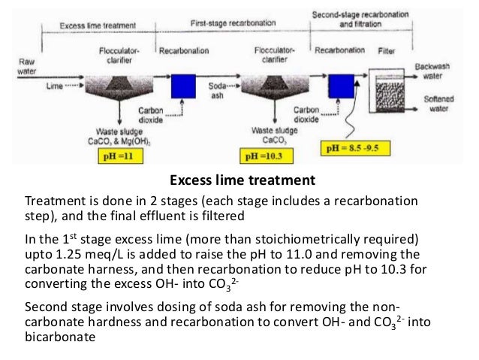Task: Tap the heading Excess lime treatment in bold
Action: [239, 181]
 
